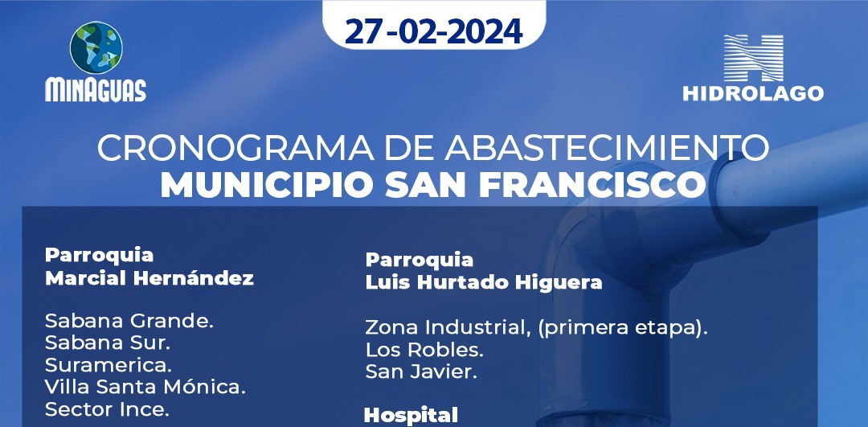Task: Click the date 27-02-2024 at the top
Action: (433, 31)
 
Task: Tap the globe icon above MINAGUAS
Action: (96, 47)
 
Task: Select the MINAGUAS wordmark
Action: (96, 90)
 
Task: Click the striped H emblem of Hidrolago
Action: (753, 58)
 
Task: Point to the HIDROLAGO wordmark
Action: (753, 93)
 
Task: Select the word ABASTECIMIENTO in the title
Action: (607, 148)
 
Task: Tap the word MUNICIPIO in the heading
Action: (267, 186)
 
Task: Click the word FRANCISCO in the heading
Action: (593, 186)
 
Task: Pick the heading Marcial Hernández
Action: (149, 278)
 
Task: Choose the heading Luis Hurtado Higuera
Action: (484, 282)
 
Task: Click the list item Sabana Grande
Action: (129, 320)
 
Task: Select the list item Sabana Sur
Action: (108, 343)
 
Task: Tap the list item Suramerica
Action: (108, 365)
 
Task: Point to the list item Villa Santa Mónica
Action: (145, 387)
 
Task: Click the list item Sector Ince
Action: (107, 409)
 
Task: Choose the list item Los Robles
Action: (424, 350)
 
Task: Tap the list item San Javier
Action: (421, 372)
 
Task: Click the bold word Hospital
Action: (411, 416)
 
